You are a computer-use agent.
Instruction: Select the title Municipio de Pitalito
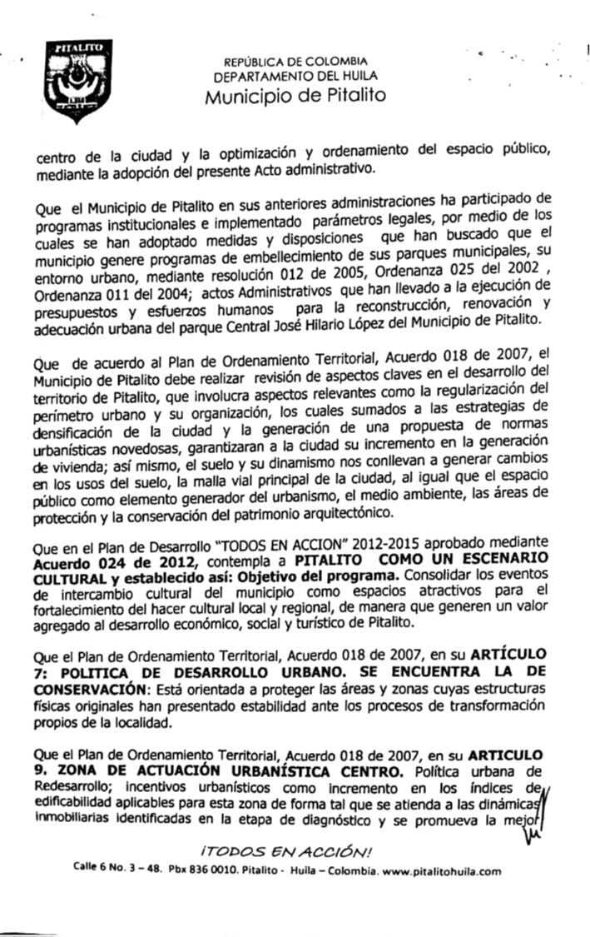[295, 95]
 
